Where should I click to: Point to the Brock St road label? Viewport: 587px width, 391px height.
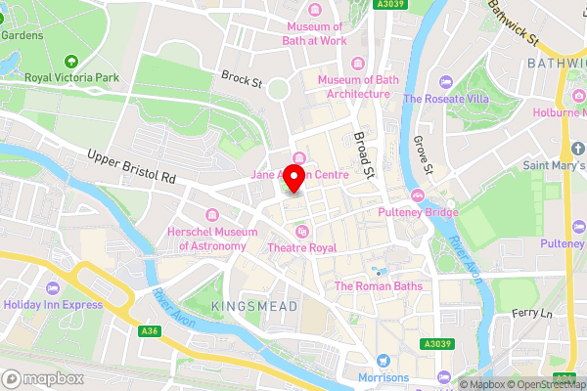coord(241,77)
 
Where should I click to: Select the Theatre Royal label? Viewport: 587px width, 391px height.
coord(302,248)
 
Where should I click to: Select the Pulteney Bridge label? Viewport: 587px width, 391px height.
coord(419,210)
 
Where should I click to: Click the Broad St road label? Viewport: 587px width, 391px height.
coord(364,152)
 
